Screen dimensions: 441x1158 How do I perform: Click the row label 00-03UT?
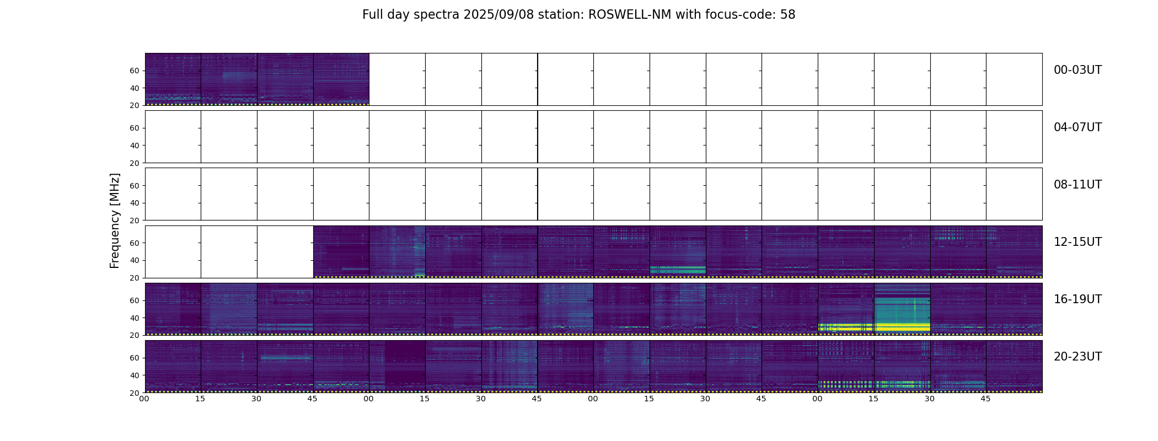[x=1077, y=70]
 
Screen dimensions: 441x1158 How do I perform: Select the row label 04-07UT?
[x=1077, y=127]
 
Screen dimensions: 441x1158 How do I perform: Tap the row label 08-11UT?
[x=1077, y=185]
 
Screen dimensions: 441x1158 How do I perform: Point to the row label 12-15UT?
[x=1077, y=242]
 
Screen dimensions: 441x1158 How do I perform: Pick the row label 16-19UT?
[x=1077, y=299]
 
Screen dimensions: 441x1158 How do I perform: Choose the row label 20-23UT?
[x=1077, y=357]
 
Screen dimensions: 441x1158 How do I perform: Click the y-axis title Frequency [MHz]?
[x=115, y=220]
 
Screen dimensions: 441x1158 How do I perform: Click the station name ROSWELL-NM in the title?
[x=630, y=15]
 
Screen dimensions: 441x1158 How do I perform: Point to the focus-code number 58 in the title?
[x=788, y=15]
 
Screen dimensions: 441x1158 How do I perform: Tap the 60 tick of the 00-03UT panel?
[x=135, y=71]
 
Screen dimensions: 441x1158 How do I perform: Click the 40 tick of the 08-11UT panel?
[x=135, y=203]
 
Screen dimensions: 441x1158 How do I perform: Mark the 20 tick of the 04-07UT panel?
[x=135, y=163]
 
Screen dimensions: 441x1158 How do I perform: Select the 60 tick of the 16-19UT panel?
[x=135, y=300]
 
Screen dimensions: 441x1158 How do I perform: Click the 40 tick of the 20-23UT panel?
[x=135, y=375]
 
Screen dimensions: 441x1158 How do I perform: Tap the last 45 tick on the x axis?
[x=985, y=399]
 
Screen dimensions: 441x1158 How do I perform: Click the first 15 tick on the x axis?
[x=200, y=399]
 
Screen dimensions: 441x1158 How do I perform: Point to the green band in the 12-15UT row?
[x=678, y=270]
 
